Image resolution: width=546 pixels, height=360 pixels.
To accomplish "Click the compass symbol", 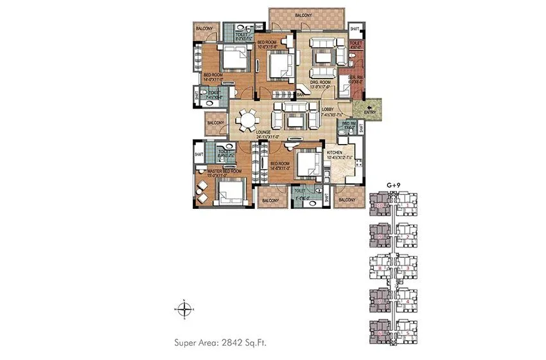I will coord(185,309).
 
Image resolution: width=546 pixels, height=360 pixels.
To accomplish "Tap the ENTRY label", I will coord(371,113).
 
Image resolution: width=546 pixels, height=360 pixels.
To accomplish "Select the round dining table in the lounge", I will coord(249,120).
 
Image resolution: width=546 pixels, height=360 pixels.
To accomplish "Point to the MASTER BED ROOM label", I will coord(224,172).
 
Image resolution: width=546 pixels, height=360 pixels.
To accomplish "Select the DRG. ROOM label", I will coord(320,82).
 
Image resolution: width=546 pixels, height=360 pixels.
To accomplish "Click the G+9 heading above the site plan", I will coord(394,185).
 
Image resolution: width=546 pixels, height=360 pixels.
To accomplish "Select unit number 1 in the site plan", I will coord(407,206).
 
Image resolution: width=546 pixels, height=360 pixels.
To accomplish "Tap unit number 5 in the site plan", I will coord(407,333).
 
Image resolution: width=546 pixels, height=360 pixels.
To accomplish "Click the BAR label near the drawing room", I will coord(299,94).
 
